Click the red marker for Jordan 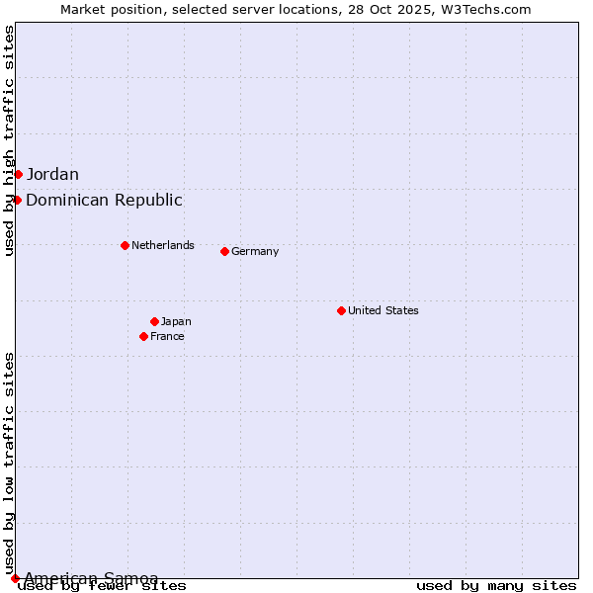[18, 175]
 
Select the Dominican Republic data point [17, 201]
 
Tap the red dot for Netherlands [125, 245]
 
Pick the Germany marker [224, 251]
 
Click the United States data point [341, 310]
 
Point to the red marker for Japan [154, 321]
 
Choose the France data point [143, 336]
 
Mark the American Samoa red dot [15, 578]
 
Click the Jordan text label [52, 175]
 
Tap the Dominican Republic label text [104, 201]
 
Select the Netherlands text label [163, 245]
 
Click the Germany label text [255, 251]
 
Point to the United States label [383, 310]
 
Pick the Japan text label [176, 321]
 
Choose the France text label [167, 336]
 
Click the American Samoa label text [91, 578]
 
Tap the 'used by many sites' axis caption [496, 586]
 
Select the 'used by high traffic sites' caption [9, 140]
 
